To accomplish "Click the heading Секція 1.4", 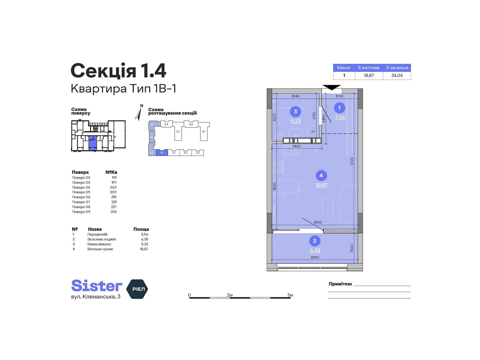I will click(x=118, y=71).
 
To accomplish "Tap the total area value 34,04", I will click(x=397, y=76).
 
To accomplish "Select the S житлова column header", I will click(x=368, y=68).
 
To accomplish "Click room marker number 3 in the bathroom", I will click(x=295, y=112).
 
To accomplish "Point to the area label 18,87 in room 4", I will click(x=321, y=185).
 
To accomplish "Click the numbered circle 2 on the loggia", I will click(x=314, y=241).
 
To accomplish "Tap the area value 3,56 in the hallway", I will click(x=340, y=118).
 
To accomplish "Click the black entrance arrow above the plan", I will click(x=331, y=87).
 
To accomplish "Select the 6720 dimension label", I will click(x=352, y=161).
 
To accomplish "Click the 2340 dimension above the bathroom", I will click(x=295, y=96).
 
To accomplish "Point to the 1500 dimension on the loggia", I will click(x=352, y=248).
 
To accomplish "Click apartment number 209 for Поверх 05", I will click(x=113, y=192).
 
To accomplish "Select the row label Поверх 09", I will click(x=81, y=212).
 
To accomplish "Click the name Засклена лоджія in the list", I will click(x=101, y=239).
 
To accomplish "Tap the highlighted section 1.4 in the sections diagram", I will click(x=162, y=153).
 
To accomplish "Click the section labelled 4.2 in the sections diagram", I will click(x=191, y=124).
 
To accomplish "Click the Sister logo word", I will click(x=97, y=286).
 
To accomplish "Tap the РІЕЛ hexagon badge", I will click(x=137, y=289).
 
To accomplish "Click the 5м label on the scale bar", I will click(x=290, y=295).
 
